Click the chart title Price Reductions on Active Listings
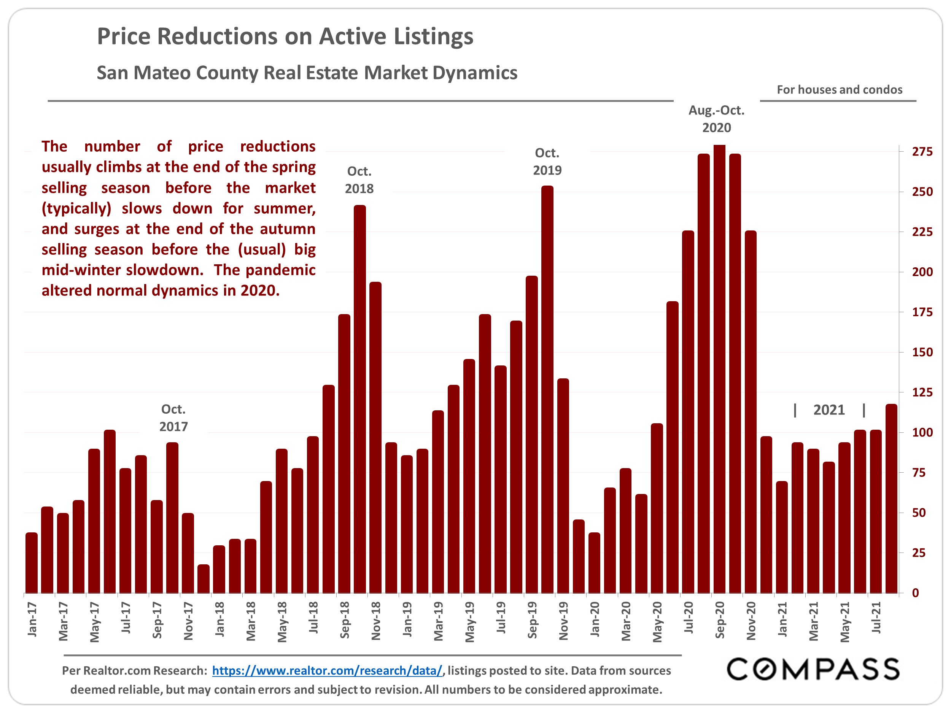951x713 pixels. coord(285,37)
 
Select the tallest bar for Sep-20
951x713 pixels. coord(719,370)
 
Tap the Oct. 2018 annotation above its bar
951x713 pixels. coord(359,180)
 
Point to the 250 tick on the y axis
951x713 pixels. coord(922,192)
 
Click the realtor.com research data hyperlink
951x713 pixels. coord(327,670)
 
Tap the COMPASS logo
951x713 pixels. coord(813,669)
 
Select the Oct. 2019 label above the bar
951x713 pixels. coord(547,162)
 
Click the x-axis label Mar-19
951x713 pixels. coord(438,621)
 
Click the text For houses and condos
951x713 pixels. coord(839,90)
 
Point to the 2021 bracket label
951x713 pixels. coord(829,410)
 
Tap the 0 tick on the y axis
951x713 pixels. coord(915,593)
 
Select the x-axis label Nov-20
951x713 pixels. coord(751,621)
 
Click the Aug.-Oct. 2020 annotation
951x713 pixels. coord(716,119)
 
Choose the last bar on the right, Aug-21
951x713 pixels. coord(891,499)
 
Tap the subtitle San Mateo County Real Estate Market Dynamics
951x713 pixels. coord(307,73)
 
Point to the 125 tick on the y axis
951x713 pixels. coord(922,392)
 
